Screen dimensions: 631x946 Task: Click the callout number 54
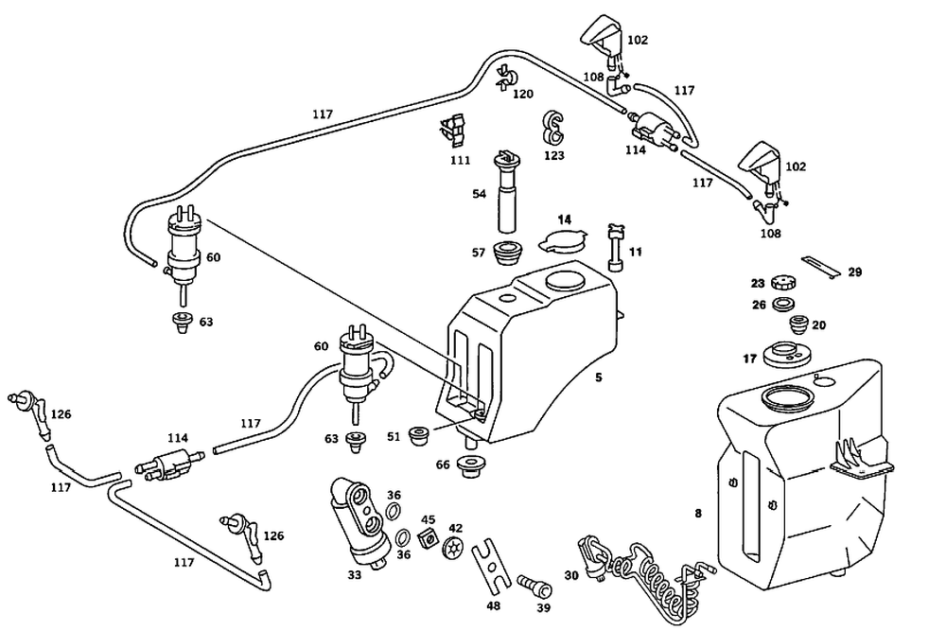480,194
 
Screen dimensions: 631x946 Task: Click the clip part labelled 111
455,131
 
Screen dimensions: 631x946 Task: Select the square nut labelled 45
426,539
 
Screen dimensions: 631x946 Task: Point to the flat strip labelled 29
819,267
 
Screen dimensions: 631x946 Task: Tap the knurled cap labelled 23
784,283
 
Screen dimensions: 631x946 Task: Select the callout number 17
749,359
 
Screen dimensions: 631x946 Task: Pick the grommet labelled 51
419,437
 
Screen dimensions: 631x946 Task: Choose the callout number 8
698,514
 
